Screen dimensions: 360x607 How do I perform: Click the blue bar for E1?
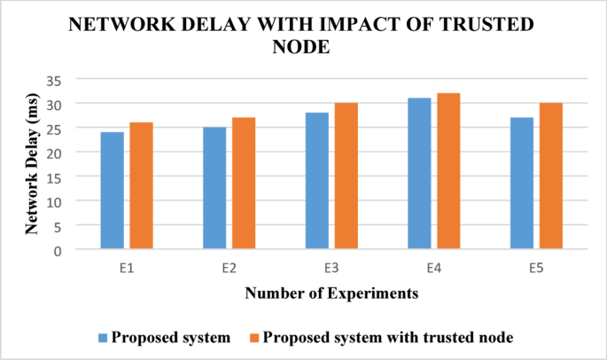(113, 191)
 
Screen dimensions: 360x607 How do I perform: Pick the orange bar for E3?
(346, 176)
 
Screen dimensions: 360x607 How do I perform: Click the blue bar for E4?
(420, 174)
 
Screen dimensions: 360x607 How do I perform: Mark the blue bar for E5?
(522, 184)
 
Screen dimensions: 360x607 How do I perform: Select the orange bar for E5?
(550, 176)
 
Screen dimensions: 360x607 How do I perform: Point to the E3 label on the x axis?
(331, 264)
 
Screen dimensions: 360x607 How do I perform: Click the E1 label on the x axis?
(127, 264)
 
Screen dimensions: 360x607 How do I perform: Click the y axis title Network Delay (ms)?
(33, 165)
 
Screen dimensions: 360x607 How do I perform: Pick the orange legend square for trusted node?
(253, 338)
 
